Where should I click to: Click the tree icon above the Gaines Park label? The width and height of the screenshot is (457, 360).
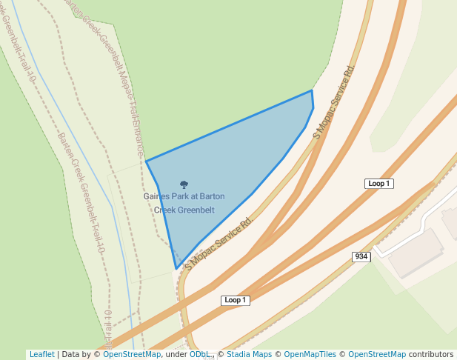pos(184,184)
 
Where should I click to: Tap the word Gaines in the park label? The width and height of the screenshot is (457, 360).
pos(157,197)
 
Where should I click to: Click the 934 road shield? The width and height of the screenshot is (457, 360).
pos(361,256)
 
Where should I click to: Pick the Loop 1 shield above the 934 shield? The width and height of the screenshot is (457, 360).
pos(378,183)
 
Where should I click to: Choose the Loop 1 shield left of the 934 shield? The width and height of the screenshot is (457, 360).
pos(236,300)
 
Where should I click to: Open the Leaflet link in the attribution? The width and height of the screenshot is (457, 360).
pos(41,354)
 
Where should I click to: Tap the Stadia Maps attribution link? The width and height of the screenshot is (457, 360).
pos(248,354)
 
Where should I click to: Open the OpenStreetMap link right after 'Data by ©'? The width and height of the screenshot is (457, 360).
pos(132,354)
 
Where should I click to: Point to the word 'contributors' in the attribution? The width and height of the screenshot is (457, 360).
pos(431,354)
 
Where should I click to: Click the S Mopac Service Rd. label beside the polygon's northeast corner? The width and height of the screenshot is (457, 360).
pos(335,101)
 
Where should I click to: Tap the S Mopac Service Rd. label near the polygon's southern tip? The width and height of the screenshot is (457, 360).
pos(219,242)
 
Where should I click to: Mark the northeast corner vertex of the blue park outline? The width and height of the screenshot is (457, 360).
pos(312,91)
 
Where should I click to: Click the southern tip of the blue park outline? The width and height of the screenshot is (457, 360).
pos(176,268)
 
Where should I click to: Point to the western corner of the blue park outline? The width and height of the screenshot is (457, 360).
pos(146,161)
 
